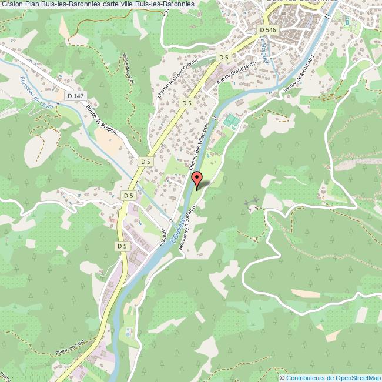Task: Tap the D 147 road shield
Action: click(73, 95)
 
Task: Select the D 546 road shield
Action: click(266, 29)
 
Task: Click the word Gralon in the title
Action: click(12, 5)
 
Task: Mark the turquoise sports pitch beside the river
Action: click(231, 122)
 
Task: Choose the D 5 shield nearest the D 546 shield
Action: click(223, 57)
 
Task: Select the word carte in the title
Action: click(112, 5)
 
